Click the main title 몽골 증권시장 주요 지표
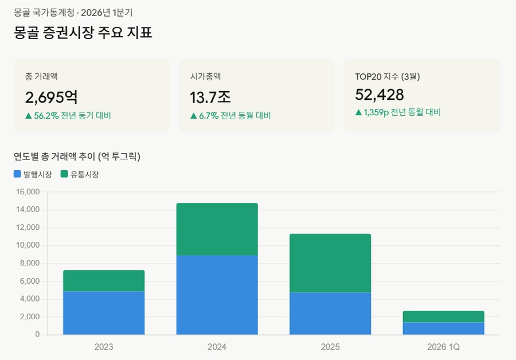pos(83,33)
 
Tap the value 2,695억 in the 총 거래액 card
pos(52,96)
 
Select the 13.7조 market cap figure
pos(210,96)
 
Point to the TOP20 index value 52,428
pos(380,95)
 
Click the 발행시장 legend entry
pos(33,174)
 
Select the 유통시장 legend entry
pos(80,174)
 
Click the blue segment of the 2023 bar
pos(104,312)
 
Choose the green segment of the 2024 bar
pos(217,229)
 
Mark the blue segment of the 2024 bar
pos(217,295)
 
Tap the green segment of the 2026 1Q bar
pos(443,316)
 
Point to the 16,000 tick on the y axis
pos(28,192)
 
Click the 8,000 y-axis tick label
pos(29,263)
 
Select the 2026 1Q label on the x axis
pos(443,347)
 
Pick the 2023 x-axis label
pos(104,347)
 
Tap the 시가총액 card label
pos(206,76)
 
